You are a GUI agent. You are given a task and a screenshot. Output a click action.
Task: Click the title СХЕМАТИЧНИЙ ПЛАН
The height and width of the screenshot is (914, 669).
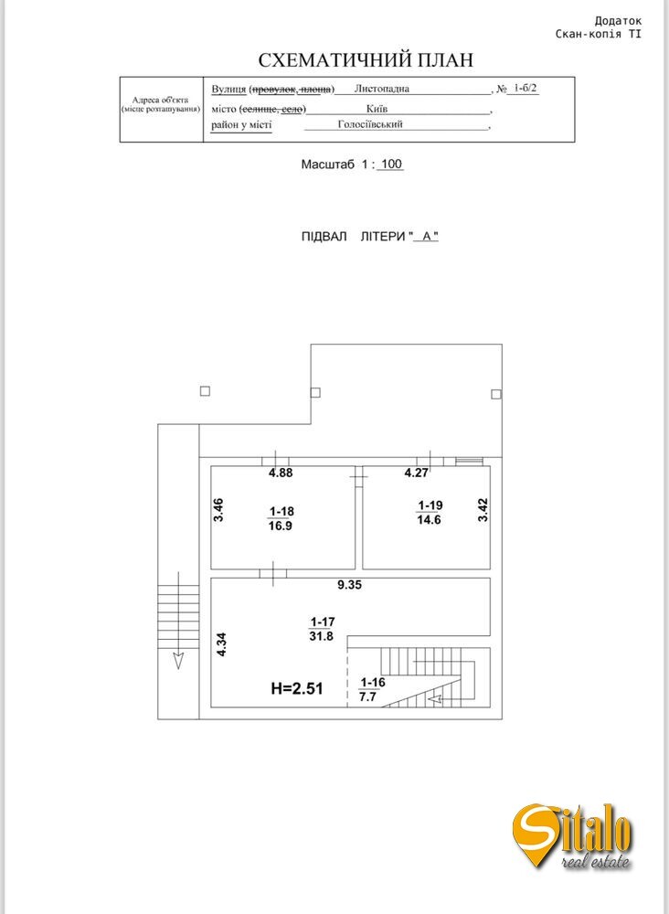366,60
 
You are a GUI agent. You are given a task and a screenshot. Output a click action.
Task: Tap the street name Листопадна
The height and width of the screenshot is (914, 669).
382,90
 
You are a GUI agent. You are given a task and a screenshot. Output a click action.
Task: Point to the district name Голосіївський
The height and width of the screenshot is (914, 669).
370,124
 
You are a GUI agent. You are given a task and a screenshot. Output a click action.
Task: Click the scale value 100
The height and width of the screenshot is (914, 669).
391,165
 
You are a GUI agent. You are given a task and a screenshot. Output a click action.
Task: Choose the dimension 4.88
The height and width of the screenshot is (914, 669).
281,473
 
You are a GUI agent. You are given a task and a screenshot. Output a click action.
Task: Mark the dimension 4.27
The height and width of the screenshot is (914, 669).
418,473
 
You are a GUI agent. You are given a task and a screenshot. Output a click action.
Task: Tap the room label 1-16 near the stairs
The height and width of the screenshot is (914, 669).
372,682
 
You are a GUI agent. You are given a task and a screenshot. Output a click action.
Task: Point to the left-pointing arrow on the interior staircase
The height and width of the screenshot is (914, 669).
438,699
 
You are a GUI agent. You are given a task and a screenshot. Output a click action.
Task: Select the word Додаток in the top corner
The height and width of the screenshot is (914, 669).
618,20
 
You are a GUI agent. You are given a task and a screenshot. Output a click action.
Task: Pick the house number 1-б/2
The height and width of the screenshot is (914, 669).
526,89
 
